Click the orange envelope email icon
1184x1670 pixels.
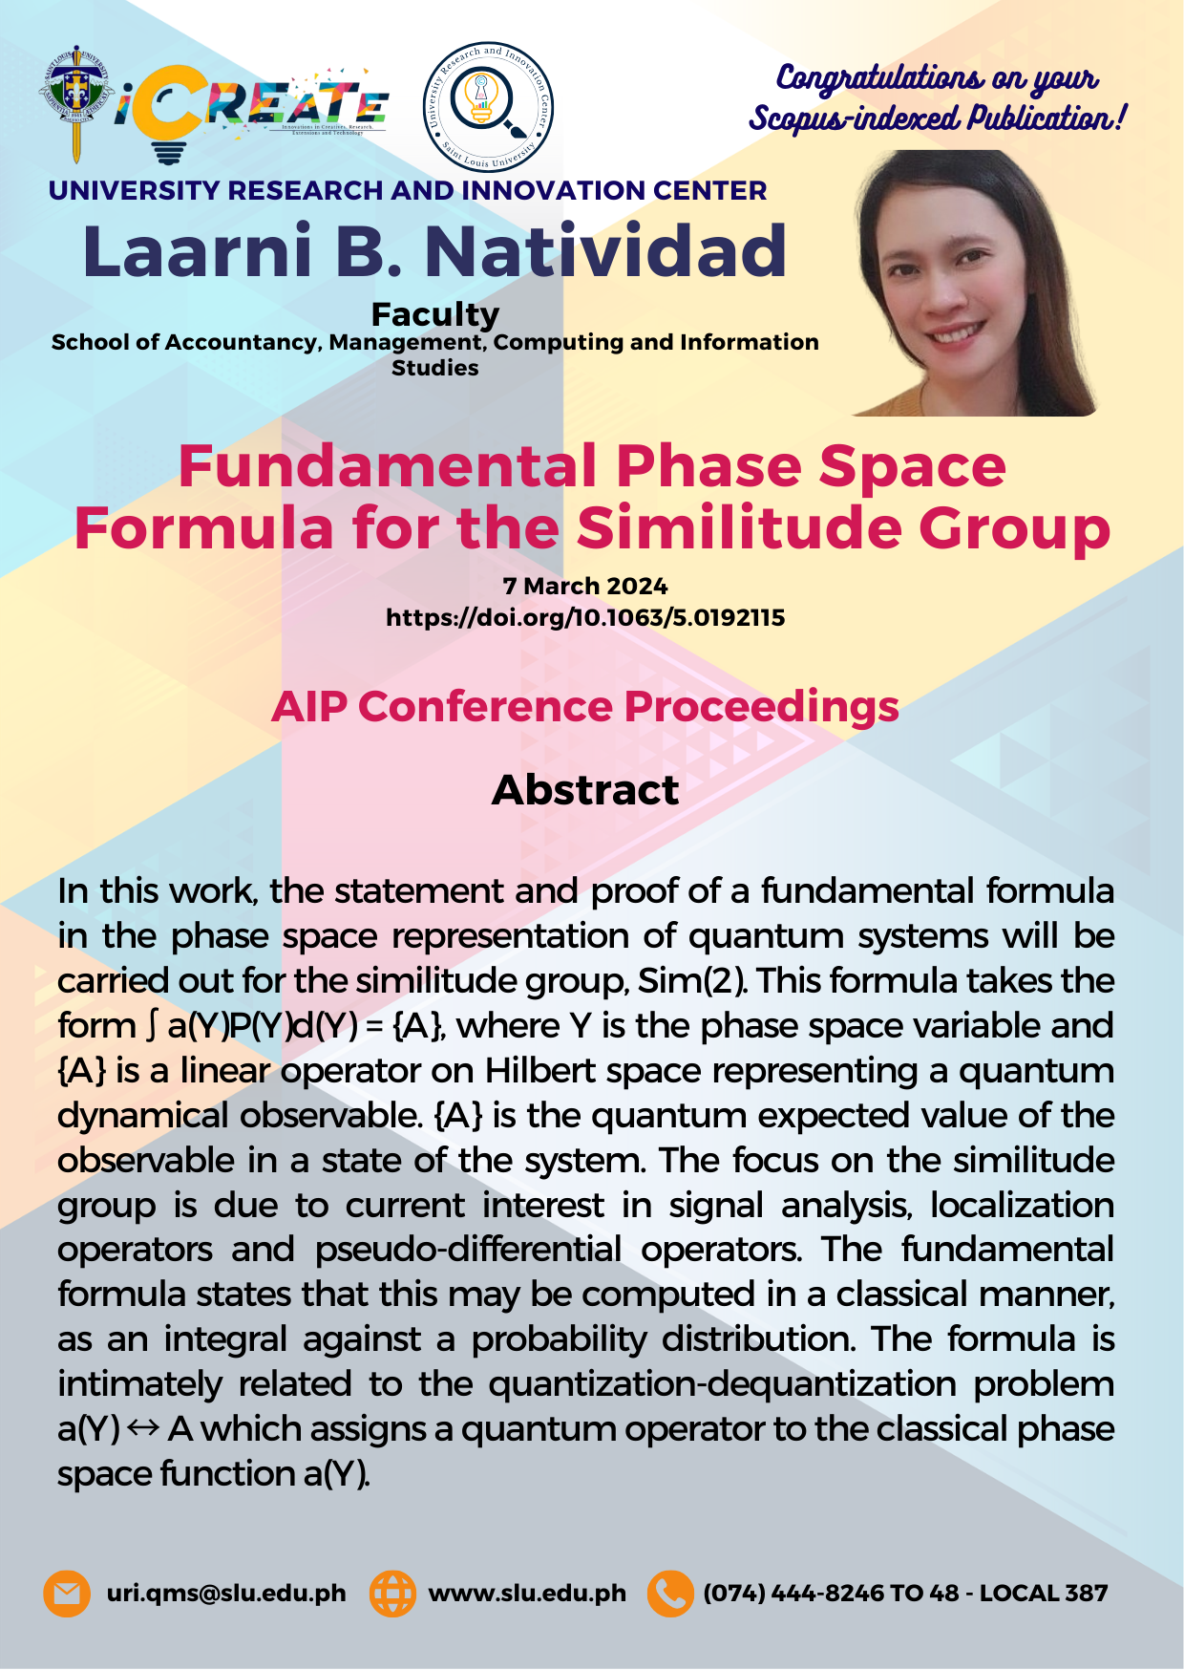pos(67,1594)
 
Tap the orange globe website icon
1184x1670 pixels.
pos(392,1594)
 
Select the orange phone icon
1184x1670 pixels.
pos(670,1594)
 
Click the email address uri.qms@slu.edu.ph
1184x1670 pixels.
pos(226,1594)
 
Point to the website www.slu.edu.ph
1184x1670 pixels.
pos(527,1594)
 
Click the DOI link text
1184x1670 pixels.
pos(585,617)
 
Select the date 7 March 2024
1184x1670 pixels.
pos(585,586)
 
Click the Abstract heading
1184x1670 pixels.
pos(585,790)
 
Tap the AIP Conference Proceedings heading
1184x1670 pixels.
pos(585,707)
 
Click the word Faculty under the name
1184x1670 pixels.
pos(435,314)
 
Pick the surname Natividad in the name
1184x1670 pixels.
pos(605,251)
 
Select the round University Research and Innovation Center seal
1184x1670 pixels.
pos(488,106)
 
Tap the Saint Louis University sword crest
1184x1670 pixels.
pos(77,102)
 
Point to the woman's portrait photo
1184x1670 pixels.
pos(976,283)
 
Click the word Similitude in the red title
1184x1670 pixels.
pos(739,527)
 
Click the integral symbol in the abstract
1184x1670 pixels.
pos(151,1026)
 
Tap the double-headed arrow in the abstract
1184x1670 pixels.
pos(143,1429)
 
